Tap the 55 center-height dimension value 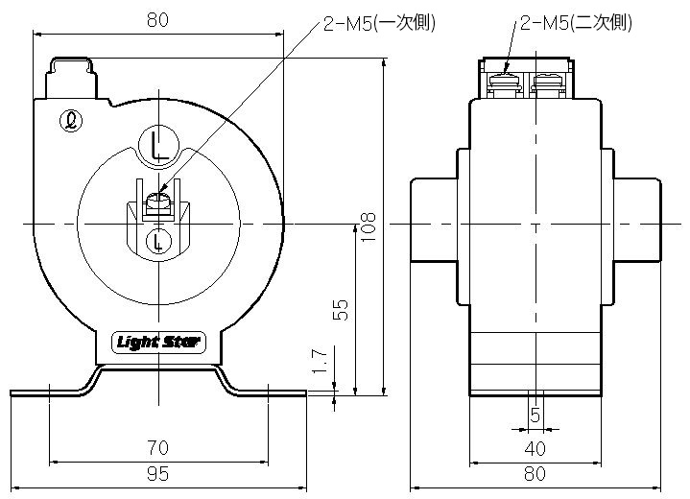339,309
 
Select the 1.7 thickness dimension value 321,361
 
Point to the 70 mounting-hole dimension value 159,447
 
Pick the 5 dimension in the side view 535,415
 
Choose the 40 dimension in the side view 535,448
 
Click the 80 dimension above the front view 159,18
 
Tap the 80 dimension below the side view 535,473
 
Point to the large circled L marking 158,145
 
